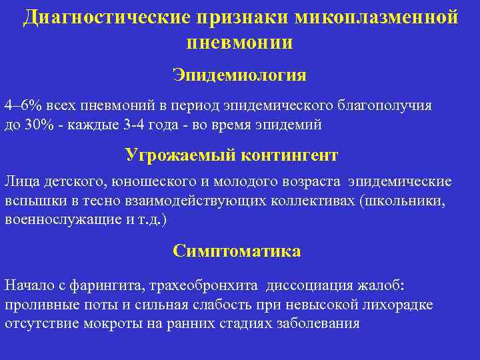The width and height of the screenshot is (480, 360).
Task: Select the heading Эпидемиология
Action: point(239,74)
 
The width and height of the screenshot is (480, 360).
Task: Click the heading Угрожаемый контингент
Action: point(231,155)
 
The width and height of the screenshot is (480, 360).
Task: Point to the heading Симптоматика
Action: point(237,251)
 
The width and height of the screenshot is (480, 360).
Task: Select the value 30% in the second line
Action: point(33,124)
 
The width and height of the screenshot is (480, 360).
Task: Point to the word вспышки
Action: point(29,200)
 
